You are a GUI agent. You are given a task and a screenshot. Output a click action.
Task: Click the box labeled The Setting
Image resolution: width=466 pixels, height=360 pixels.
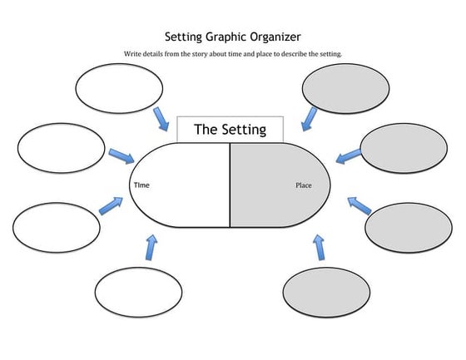230,129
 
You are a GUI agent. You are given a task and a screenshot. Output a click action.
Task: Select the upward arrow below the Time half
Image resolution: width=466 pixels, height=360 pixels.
151,247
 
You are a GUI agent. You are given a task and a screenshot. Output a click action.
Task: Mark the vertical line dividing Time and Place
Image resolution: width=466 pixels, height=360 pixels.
230,185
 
